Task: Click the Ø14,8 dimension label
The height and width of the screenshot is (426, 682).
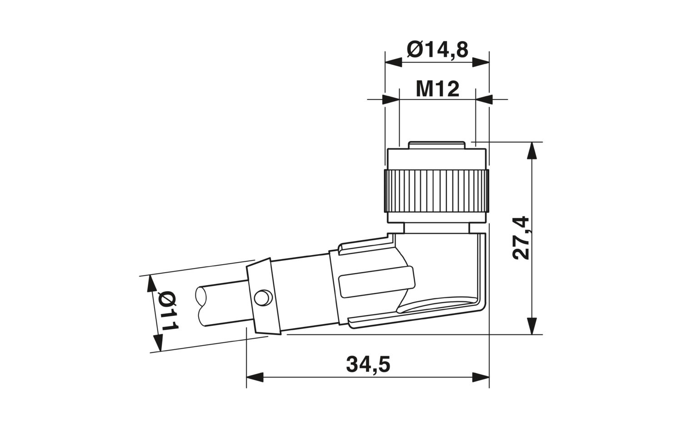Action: tap(437, 49)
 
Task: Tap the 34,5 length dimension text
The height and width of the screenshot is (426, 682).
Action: tap(368, 365)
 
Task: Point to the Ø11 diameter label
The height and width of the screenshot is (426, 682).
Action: tap(168, 312)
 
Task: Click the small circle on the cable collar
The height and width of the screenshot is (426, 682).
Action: tap(262, 298)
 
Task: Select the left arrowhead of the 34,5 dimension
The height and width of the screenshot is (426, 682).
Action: tap(255, 377)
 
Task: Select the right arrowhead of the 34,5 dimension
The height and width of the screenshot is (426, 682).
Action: tap(481, 377)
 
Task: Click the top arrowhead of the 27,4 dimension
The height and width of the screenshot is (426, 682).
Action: tap(531, 150)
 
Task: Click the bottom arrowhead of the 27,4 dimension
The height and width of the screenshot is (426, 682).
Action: tap(531, 326)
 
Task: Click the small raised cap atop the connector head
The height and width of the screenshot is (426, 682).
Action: tap(437, 145)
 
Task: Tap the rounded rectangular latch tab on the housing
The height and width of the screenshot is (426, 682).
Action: tap(375, 283)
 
